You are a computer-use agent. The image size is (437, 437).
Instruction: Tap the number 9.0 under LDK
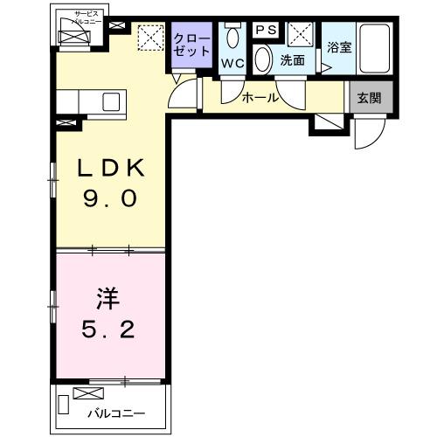click(x=108, y=199)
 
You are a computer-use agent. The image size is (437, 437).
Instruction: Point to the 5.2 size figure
click(x=108, y=330)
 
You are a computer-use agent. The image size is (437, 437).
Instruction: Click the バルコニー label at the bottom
click(x=114, y=413)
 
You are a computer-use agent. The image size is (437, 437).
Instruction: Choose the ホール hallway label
click(x=260, y=98)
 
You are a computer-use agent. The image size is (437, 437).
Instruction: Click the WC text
click(x=232, y=63)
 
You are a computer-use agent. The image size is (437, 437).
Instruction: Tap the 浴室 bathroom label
click(x=339, y=48)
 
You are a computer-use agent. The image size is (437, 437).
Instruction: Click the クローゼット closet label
click(x=191, y=44)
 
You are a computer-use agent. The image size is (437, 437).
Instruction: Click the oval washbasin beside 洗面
click(x=263, y=60)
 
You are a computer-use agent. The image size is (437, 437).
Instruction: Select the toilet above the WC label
click(x=231, y=36)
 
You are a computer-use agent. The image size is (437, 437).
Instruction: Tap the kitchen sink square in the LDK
click(x=111, y=101)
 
